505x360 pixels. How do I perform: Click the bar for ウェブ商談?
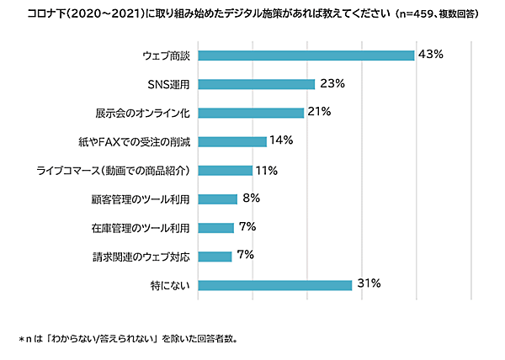[306, 56]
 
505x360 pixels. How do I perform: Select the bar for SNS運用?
[257, 84]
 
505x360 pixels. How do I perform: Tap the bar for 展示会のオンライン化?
[252, 113]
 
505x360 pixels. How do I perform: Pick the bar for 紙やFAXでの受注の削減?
[233, 141]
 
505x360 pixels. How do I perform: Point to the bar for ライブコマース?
[226, 171]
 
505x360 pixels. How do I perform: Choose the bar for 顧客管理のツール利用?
[218, 199]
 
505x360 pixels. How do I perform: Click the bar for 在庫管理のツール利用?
[216, 228]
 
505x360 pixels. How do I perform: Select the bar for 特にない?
[275, 285]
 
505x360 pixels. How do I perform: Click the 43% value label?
[430, 55]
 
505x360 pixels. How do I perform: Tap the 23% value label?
[332, 83]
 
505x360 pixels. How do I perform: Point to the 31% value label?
[369, 284]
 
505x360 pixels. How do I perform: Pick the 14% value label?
[282, 140]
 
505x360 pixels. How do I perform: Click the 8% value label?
[251, 199]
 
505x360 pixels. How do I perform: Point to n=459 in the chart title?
[413, 14]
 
